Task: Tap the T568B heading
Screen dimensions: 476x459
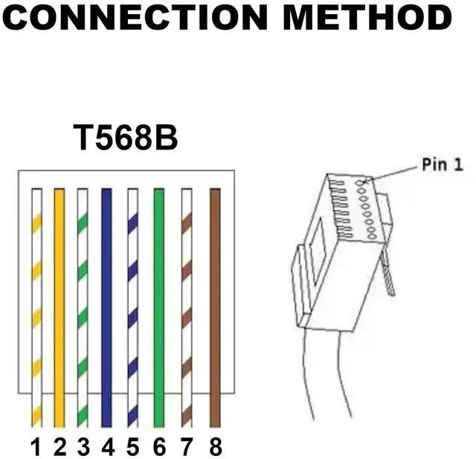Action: pos(126,138)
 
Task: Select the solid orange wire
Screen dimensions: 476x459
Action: pos(59,305)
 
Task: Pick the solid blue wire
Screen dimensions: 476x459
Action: pos(106,305)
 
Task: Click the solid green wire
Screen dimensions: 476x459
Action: pos(158,305)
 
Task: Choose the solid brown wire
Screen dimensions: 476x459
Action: pos(216,305)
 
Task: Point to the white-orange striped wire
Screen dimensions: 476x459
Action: pos(36,305)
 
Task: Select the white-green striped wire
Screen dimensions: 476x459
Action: pos(83,305)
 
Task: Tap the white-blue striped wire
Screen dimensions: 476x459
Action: pos(132,305)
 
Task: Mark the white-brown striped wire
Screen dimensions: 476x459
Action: pos(187,305)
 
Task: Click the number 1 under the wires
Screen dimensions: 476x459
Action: pos(35,447)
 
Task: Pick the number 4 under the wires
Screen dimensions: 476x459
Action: pos(109,447)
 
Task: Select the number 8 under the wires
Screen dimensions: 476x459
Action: pos(215,447)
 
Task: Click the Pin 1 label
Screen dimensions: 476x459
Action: pos(442,164)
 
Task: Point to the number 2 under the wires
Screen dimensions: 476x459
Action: pos(59,447)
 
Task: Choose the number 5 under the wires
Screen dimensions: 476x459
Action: pos(133,447)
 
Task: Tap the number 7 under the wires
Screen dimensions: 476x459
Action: pos(187,447)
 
